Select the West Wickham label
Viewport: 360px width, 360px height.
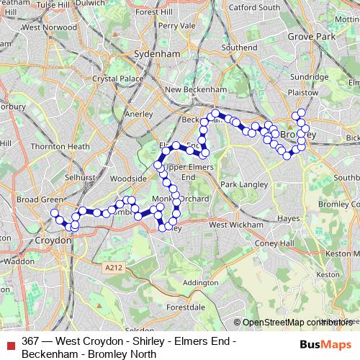click(232, 225)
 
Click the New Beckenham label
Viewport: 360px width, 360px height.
click(197, 89)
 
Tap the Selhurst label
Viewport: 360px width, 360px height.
click(78, 176)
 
